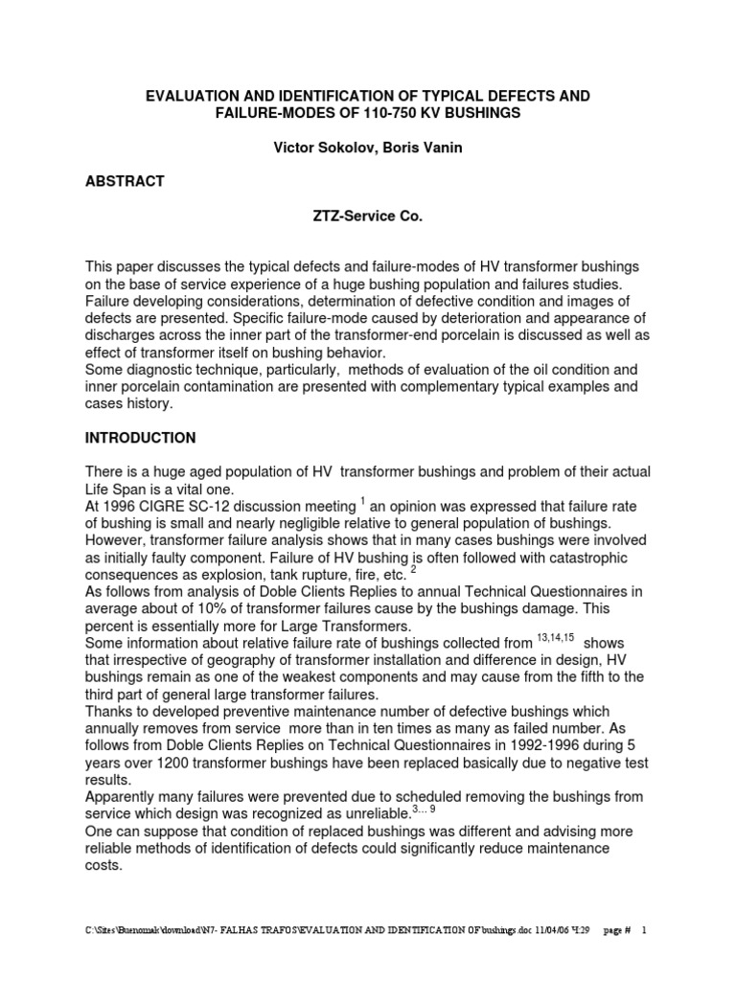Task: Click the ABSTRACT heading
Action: pyautogui.click(x=126, y=181)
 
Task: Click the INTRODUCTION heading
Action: pyautogui.click(x=140, y=438)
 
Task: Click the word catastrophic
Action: pyautogui.click(x=586, y=559)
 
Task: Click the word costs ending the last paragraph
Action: pyautogui.click(x=104, y=865)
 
